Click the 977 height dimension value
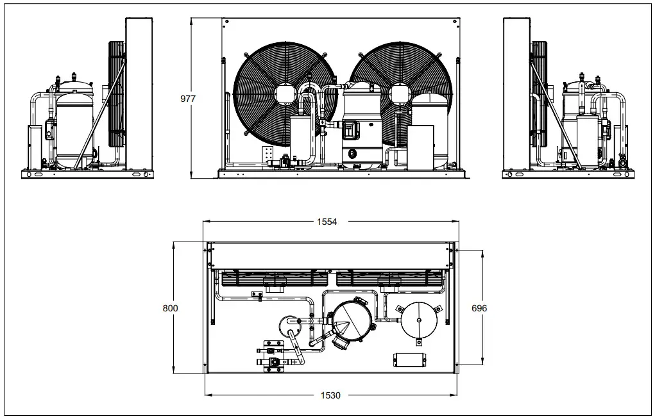(187, 99)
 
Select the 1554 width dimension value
(326, 222)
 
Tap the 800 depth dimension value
(170, 308)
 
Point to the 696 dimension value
(479, 308)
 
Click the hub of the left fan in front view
(284, 94)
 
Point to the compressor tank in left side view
(74, 128)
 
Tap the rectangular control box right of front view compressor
(421, 147)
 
